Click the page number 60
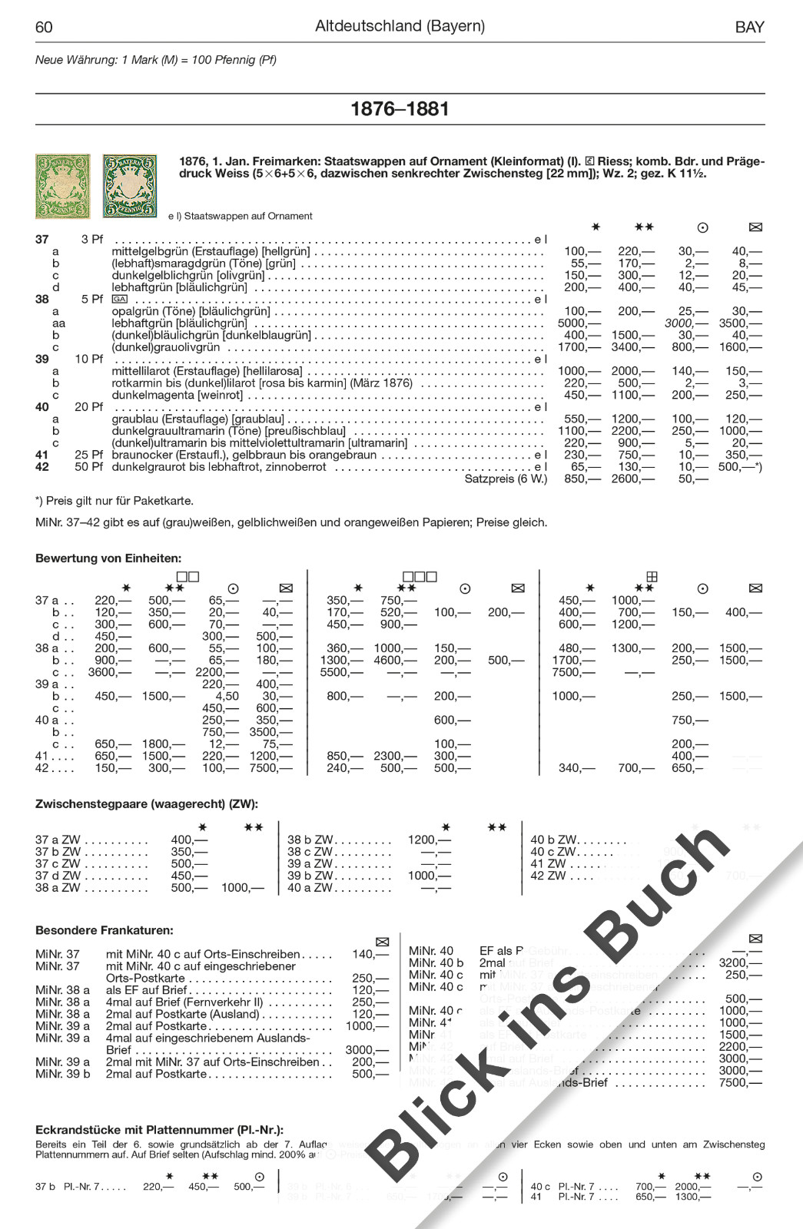click(x=44, y=28)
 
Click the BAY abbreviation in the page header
click(x=749, y=28)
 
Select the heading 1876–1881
click(x=400, y=109)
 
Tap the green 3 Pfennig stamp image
click(x=63, y=187)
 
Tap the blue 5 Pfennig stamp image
click(x=129, y=187)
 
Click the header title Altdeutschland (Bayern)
click(x=400, y=26)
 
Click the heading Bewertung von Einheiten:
click(x=108, y=558)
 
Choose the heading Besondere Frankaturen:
click(x=105, y=930)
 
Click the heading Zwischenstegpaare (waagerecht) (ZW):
click(x=147, y=804)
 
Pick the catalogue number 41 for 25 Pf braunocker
click(x=42, y=455)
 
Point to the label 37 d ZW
click(x=58, y=876)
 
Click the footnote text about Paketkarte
click(x=114, y=501)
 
